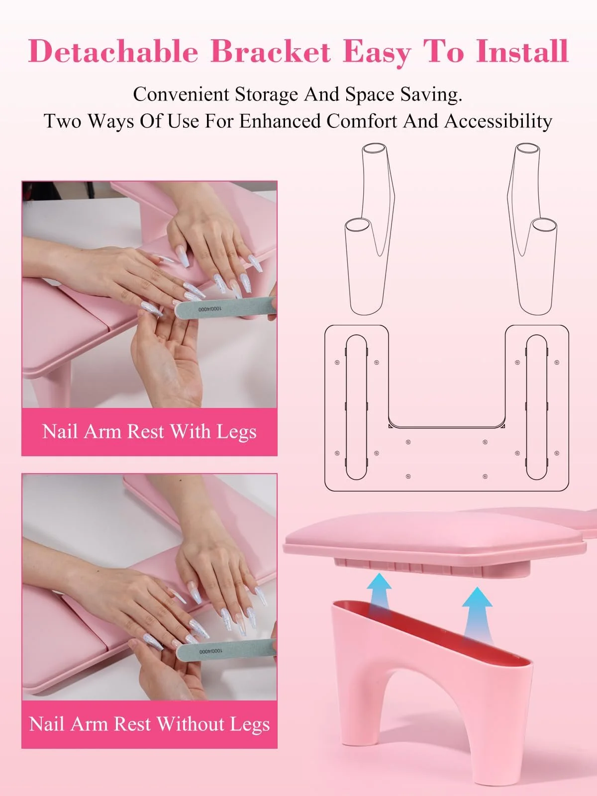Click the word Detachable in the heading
113,51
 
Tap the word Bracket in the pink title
271,51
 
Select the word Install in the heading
522,51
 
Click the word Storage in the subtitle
267,95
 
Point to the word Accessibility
498,121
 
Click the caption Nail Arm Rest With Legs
149,431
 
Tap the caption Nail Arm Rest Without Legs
149,724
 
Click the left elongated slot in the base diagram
356,407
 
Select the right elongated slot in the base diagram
536,407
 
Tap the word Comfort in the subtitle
361,121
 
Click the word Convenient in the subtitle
181,95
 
